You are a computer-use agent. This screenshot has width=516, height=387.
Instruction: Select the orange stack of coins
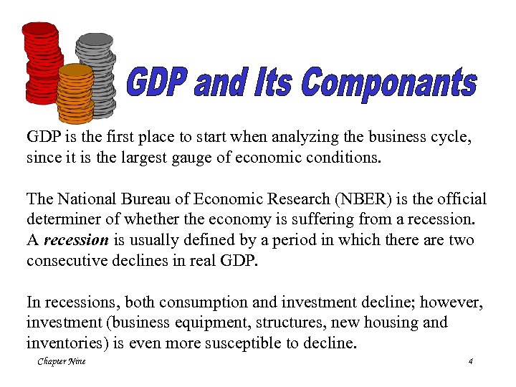click(75, 93)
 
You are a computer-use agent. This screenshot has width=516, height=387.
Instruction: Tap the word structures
click(299, 322)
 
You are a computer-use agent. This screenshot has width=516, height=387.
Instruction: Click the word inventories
click(65, 343)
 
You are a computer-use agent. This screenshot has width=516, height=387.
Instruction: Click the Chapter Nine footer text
click(62, 362)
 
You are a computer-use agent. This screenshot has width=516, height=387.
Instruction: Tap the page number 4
click(470, 362)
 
